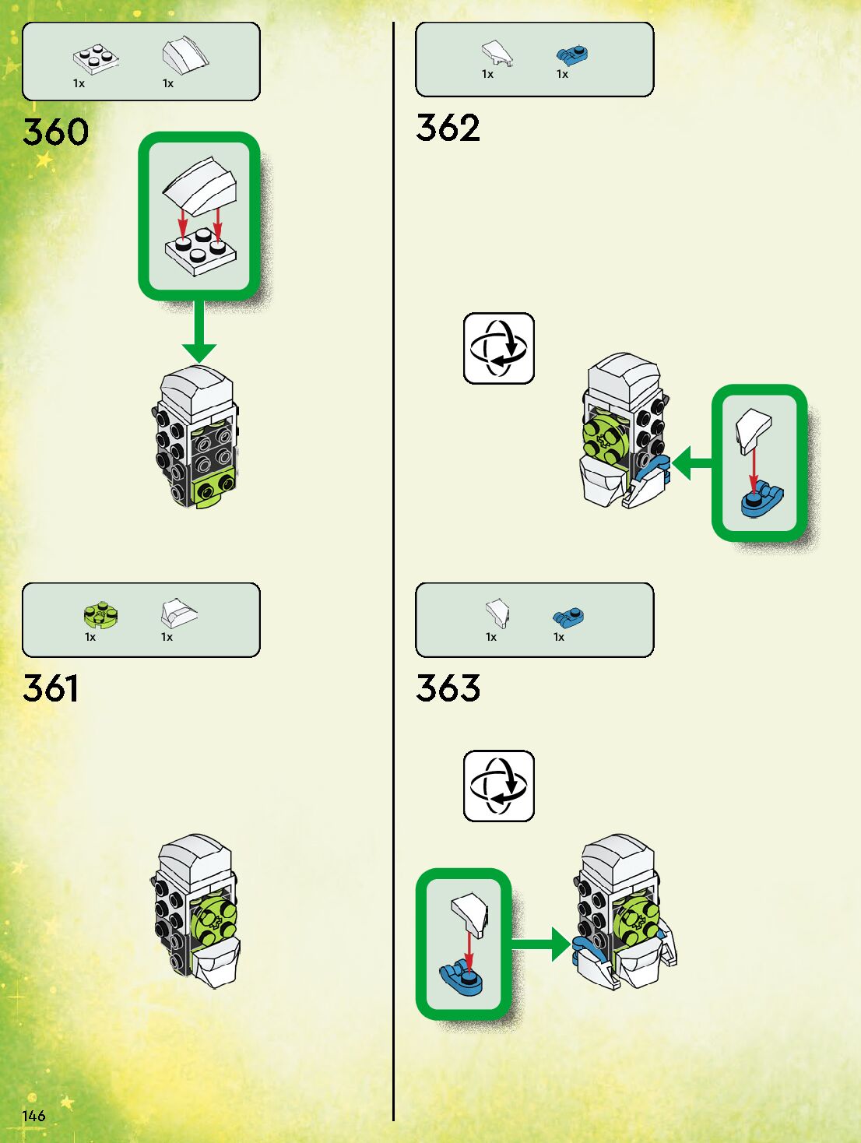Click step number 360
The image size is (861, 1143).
pyautogui.click(x=55, y=132)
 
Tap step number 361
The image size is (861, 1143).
pyautogui.click(x=51, y=688)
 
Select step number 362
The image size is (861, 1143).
pyautogui.click(x=448, y=128)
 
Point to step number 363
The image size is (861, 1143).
pyautogui.click(x=448, y=688)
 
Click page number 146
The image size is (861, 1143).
pyautogui.click(x=33, y=1116)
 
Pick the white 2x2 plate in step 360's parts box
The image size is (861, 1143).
pyautogui.click(x=97, y=58)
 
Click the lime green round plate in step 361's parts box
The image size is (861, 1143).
pyautogui.click(x=100, y=615)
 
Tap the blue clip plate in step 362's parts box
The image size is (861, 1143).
pyautogui.click(x=572, y=55)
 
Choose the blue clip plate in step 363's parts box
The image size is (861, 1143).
pyautogui.click(x=568, y=617)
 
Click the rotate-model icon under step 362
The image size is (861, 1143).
pyautogui.click(x=498, y=348)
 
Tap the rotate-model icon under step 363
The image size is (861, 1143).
pyautogui.click(x=498, y=786)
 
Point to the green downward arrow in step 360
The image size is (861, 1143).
pyautogui.click(x=199, y=335)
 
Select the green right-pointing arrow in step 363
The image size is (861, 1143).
pyautogui.click(x=541, y=944)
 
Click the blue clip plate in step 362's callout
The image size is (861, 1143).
pyautogui.click(x=761, y=500)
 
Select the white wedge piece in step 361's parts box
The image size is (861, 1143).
pyautogui.click(x=178, y=613)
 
